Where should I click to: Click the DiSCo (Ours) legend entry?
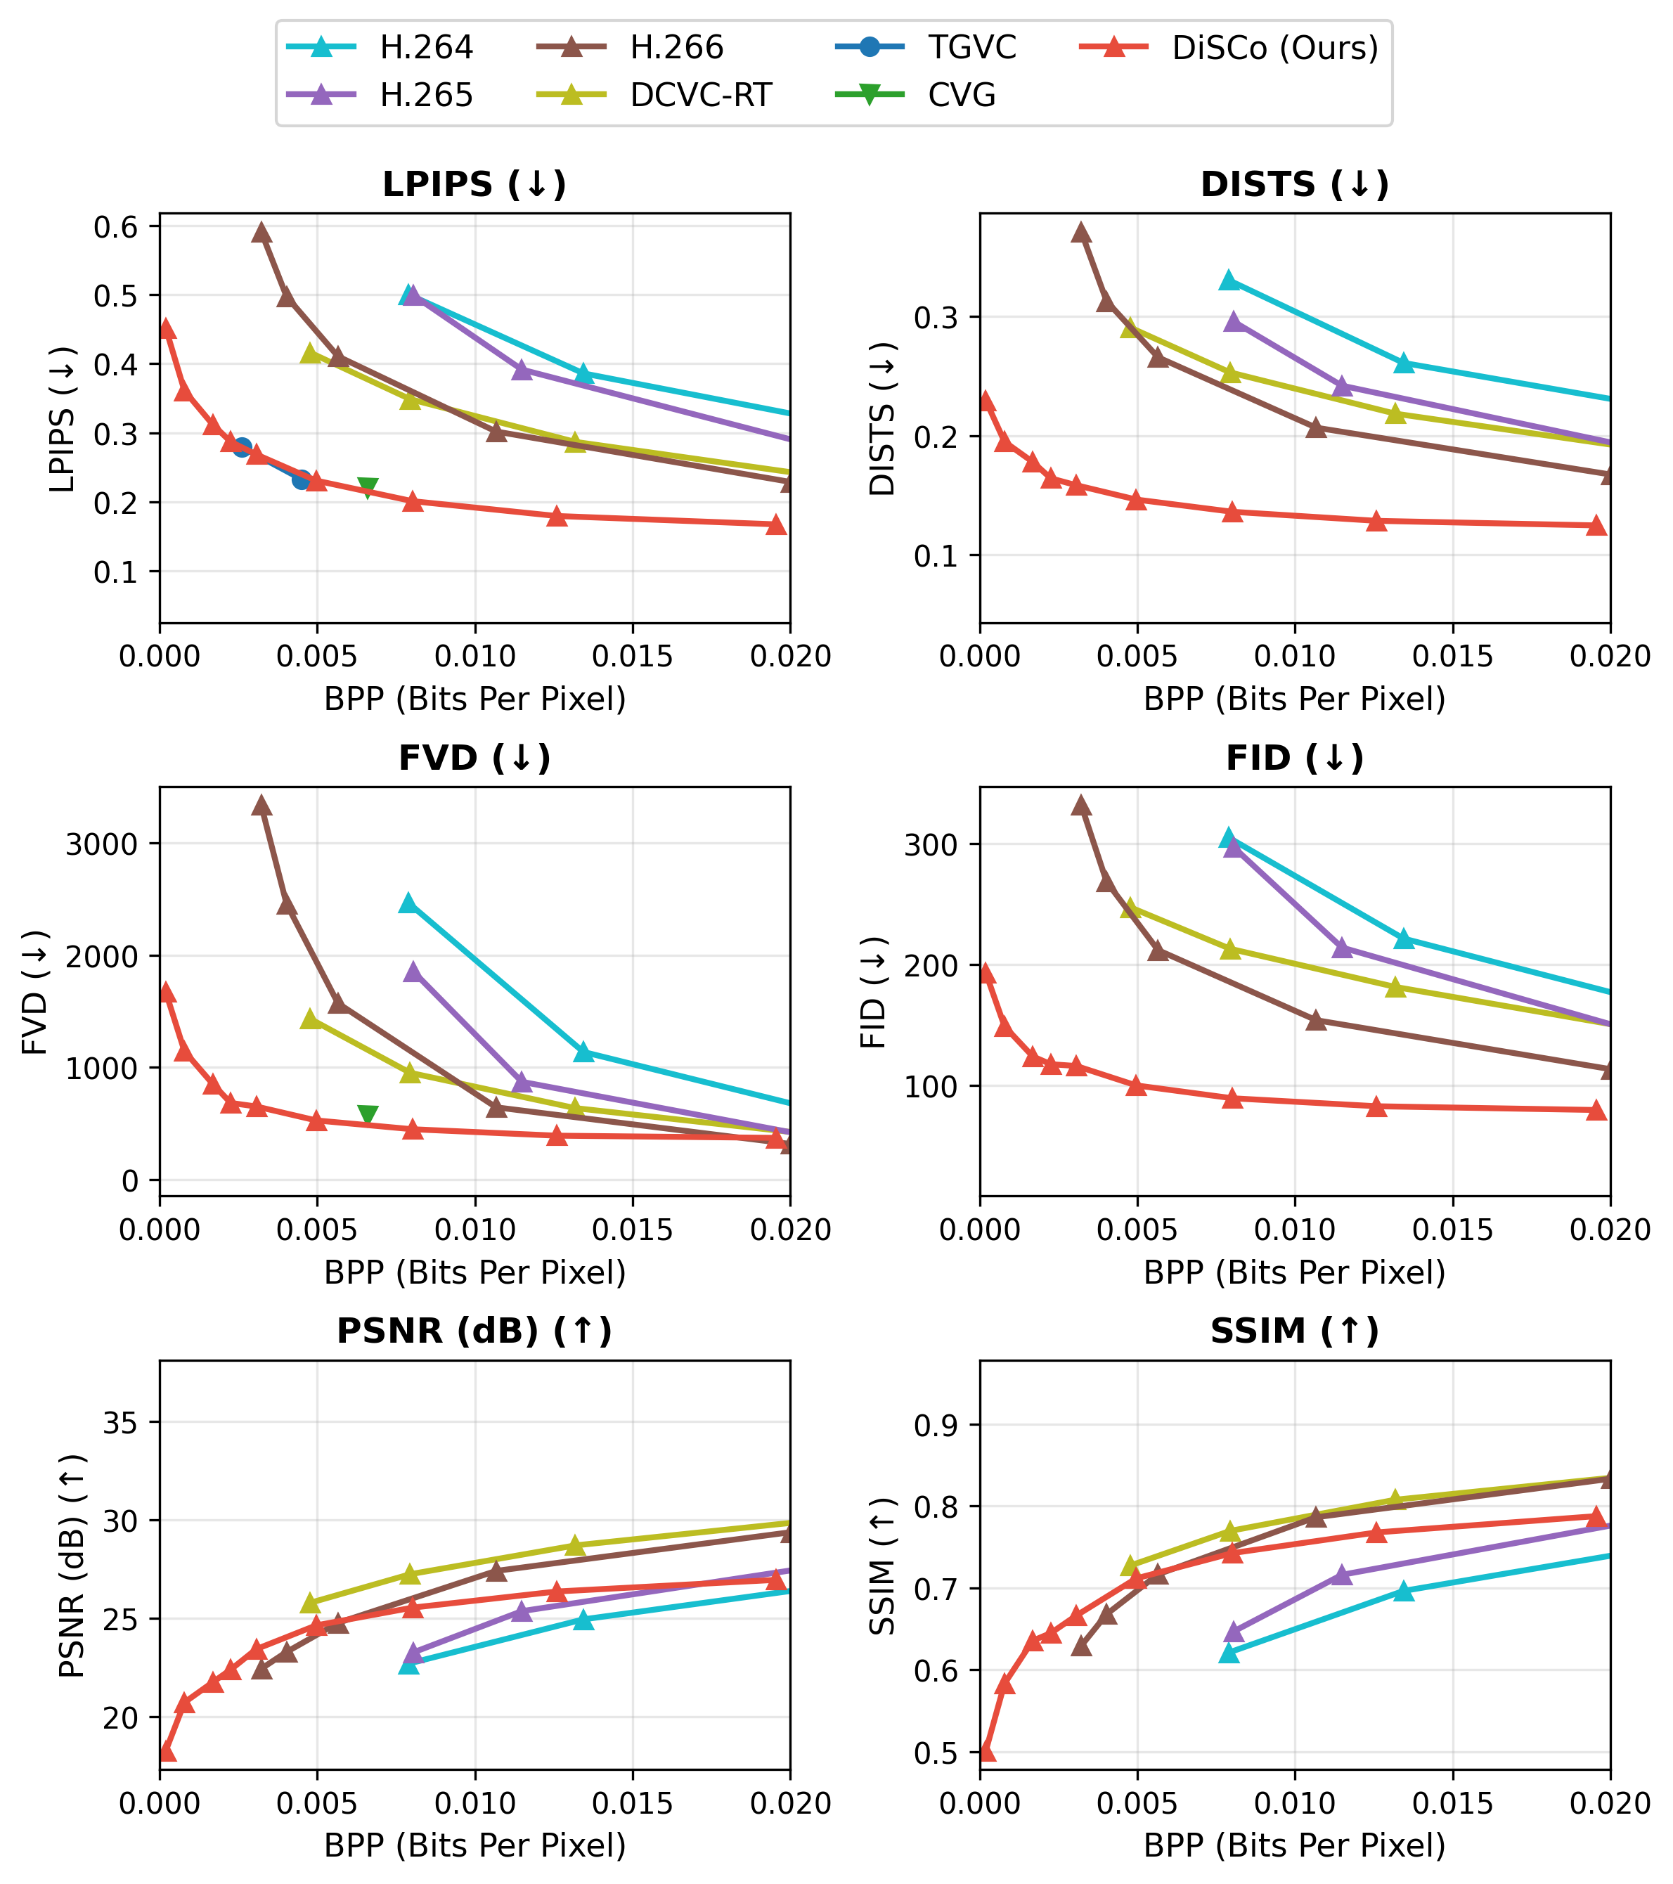pyautogui.click(x=1274, y=48)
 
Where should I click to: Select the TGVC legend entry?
pyautogui.click(x=971, y=48)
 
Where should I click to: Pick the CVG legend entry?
pyautogui.click(x=962, y=96)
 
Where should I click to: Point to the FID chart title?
pyautogui.click(x=1294, y=759)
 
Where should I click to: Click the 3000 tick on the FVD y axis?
pyautogui.click(x=101, y=844)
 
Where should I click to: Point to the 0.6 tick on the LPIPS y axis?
pyautogui.click(x=115, y=227)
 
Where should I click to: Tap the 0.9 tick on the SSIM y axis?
pyautogui.click(x=935, y=1426)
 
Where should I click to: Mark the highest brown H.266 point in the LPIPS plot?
pyautogui.click(x=261, y=232)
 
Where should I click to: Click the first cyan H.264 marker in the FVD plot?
pyautogui.click(x=408, y=903)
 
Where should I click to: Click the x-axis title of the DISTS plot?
pyautogui.click(x=1294, y=699)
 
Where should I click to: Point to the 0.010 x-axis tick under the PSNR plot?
pyautogui.click(x=474, y=1803)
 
